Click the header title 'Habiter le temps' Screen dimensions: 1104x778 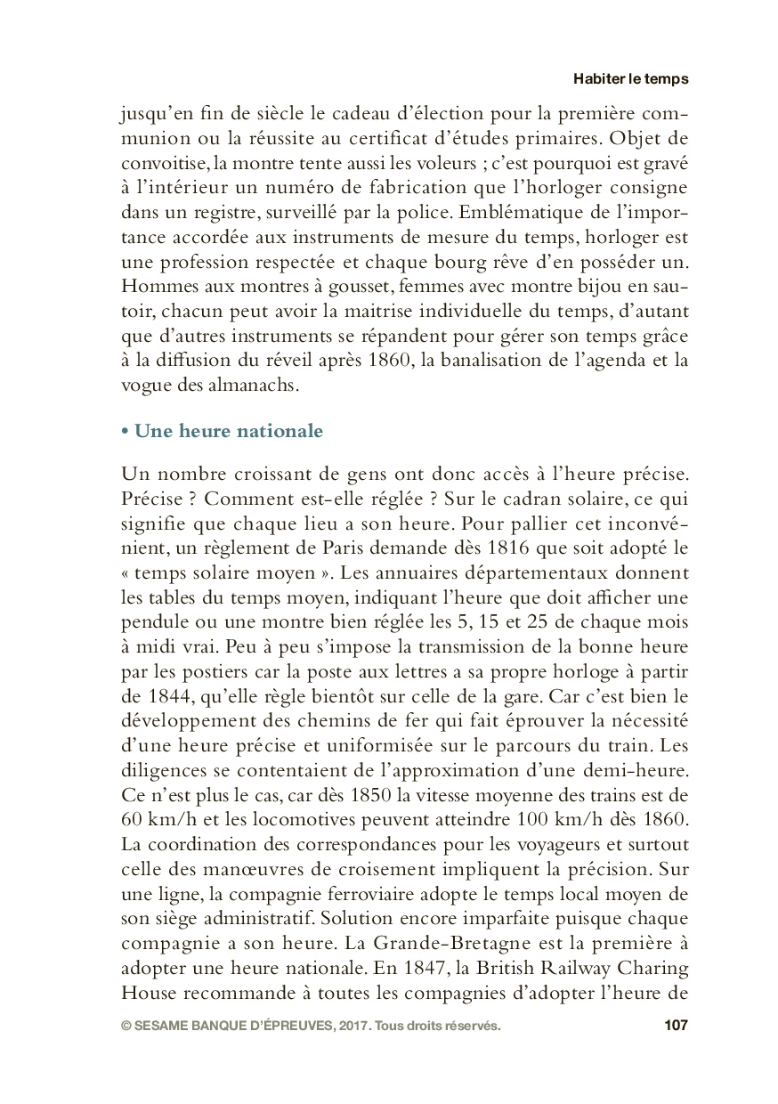tap(630, 78)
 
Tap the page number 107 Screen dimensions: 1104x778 tap(676, 1026)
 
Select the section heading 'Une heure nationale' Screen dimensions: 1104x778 tap(228, 431)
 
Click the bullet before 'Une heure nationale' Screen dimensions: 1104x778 tap(125, 432)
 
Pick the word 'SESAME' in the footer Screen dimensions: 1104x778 tap(162, 1026)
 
